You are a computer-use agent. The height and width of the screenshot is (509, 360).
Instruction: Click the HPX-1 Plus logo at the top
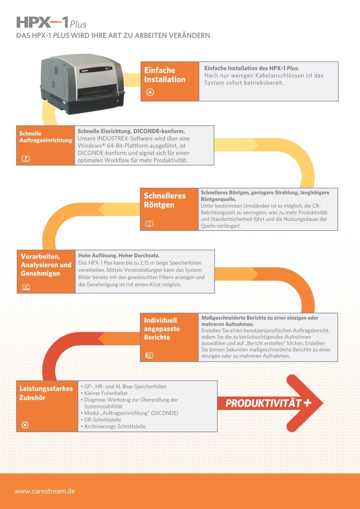[51, 23]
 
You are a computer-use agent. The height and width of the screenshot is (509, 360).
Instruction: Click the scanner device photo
[82, 84]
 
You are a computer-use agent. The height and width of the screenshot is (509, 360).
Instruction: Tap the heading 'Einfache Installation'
[165, 75]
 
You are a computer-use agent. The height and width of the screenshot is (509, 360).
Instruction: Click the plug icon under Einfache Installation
[150, 92]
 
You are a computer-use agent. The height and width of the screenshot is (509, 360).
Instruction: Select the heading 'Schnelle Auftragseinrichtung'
[45, 137]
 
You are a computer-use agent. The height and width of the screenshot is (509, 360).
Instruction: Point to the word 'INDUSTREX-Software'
[124, 138]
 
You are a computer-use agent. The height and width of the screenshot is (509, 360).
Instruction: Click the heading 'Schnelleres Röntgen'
[165, 200]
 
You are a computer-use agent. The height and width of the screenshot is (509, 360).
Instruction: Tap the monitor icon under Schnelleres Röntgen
[149, 224]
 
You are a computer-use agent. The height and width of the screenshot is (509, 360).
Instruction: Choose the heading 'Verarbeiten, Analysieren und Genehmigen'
[46, 265]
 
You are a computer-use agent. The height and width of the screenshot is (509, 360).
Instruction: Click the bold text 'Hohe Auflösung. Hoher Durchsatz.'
[119, 256]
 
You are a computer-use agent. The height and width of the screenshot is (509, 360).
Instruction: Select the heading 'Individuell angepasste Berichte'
[162, 329]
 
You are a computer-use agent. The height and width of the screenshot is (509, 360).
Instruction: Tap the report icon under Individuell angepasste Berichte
[149, 355]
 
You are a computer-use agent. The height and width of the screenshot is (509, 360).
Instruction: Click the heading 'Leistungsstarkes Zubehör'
[46, 393]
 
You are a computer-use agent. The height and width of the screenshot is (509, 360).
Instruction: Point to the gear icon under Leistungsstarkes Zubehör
[25, 425]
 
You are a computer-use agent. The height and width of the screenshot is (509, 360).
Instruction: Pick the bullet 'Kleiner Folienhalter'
[106, 393]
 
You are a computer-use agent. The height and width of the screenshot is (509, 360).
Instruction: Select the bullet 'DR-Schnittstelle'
[102, 420]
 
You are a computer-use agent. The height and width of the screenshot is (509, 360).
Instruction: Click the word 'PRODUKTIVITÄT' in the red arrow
[263, 403]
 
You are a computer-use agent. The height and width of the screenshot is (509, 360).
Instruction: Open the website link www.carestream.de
[45, 491]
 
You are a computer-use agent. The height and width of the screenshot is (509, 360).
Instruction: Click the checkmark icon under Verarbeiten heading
[26, 287]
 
